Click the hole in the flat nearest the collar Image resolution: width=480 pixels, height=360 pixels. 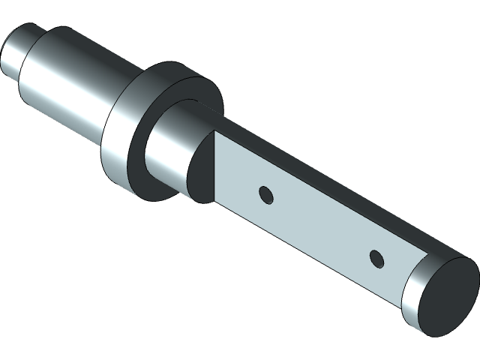[265, 195]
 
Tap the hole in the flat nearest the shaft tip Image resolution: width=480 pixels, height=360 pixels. [376, 259]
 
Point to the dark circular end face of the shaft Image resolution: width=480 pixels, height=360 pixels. [445, 292]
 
